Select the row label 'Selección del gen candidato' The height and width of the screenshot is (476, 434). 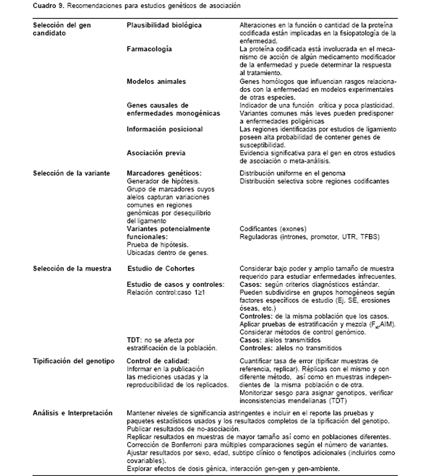62,29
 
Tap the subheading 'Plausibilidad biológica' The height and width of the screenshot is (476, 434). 164,25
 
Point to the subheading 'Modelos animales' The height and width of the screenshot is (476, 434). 156,81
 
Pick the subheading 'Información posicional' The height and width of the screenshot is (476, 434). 164,129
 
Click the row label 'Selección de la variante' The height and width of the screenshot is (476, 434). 72,173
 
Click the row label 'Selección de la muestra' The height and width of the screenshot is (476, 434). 72,269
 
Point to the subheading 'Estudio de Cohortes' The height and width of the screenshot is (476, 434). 161,269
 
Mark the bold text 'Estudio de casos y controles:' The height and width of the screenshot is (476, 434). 175,285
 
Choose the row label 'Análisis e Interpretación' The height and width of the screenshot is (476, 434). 73,413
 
